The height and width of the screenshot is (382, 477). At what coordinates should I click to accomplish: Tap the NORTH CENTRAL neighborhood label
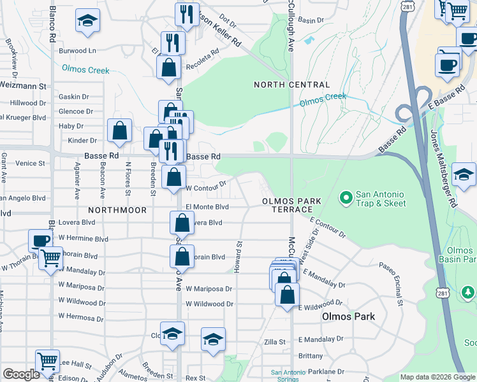point(291,85)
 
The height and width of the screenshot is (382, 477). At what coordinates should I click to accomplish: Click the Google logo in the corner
point(21,375)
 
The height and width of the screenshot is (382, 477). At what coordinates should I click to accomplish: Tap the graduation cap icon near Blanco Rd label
point(87,21)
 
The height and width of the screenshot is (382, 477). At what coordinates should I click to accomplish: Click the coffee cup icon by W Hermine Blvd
point(41,241)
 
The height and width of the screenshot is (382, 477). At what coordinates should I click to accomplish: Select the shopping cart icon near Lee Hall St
point(47,361)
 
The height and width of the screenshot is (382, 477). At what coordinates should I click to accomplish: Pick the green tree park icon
point(468,292)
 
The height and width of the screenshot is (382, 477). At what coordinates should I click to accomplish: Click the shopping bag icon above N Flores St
point(119,131)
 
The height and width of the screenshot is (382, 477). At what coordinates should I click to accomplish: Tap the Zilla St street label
point(274,342)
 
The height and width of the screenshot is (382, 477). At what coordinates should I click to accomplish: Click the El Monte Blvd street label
point(207,207)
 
